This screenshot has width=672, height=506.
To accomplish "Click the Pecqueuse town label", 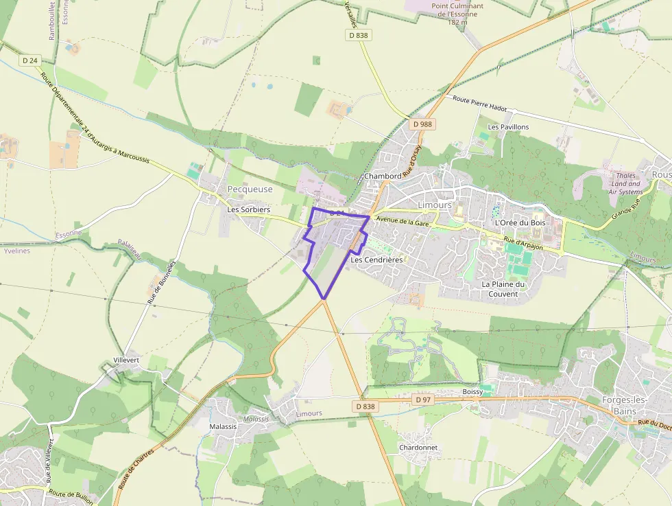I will coord(250,189).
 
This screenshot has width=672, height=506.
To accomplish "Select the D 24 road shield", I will coord(29,60).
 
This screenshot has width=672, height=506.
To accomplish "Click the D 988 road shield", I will coord(422,124).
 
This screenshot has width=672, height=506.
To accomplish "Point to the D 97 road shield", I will coord(423,399).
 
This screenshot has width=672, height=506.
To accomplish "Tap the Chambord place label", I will coord(383,176).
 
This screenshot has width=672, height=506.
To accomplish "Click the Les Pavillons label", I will coord(508,127).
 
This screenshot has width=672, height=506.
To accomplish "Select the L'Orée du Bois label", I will coord(520,222).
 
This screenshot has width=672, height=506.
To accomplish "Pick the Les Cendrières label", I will coord(376,260).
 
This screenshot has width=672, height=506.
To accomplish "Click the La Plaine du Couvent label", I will coord(503,289).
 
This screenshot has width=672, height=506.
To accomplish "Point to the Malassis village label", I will coord(223,426).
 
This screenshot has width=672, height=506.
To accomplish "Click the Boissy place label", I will coord(472,391).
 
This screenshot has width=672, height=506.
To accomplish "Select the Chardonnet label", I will coord(418,448).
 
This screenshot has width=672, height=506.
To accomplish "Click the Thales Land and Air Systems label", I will coord(625,183).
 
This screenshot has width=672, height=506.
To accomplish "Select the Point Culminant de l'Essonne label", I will coord(457,14).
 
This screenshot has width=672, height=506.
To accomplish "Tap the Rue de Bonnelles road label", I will coord(162,282).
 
